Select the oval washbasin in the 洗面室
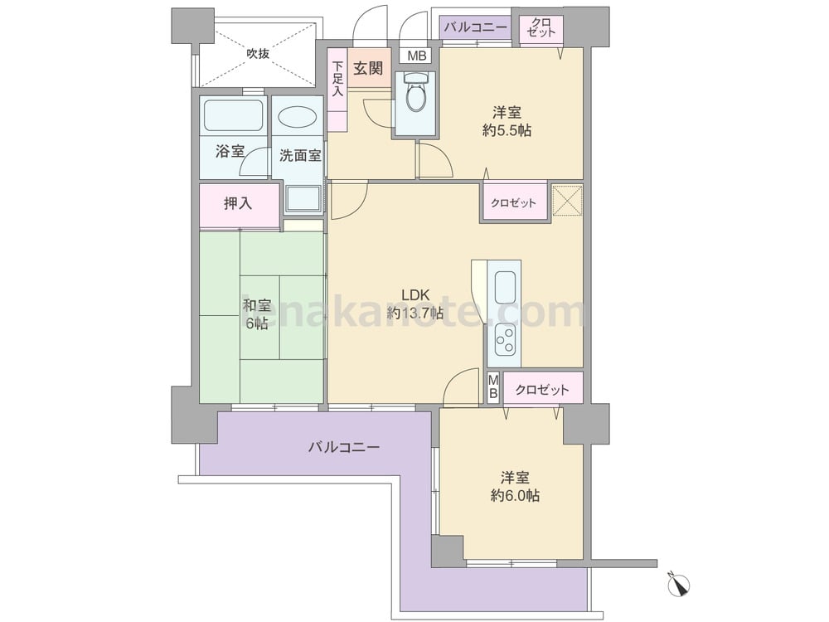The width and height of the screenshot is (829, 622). (x=298, y=117)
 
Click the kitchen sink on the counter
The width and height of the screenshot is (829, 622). (x=505, y=287)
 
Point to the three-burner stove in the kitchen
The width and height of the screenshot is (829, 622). (x=505, y=339)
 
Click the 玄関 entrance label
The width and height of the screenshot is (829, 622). (x=369, y=68)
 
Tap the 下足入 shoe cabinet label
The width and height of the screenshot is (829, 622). (x=337, y=79)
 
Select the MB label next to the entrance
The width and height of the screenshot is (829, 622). (x=418, y=56)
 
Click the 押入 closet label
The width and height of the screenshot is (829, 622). (x=238, y=203)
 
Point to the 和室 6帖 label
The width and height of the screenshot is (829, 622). (x=257, y=314)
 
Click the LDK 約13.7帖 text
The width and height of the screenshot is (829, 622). (x=415, y=304)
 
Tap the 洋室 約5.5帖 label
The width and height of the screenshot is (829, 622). (x=507, y=121)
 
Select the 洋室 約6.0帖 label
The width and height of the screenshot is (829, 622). (x=515, y=487)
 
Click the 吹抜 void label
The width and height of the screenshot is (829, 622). (x=258, y=53)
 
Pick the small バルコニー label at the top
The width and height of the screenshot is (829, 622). (x=475, y=27)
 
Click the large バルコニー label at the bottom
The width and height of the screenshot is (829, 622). (x=344, y=448)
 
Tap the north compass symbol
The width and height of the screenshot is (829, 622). (x=679, y=583)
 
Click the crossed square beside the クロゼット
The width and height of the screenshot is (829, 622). (x=567, y=201)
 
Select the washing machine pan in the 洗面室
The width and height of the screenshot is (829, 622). (x=303, y=199)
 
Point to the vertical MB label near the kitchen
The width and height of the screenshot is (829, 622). (x=493, y=386)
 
